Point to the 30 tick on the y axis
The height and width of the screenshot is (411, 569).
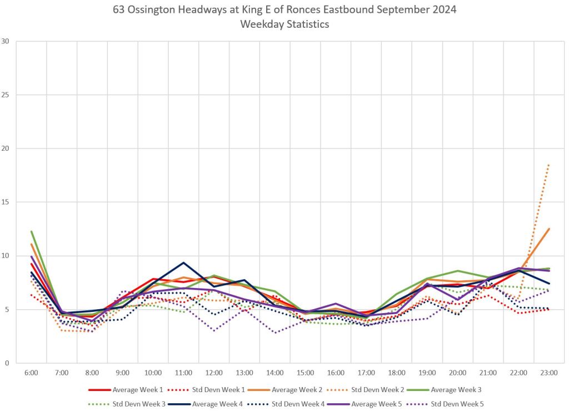click(6, 41)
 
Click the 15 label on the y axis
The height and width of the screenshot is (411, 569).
click(6, 202)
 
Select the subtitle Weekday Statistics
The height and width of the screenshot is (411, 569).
click(284, 24)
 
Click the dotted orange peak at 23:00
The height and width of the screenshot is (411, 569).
click(549, 165)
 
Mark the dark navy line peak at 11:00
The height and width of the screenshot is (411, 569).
click(183, 263)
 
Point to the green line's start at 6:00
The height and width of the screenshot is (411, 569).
click(31, 231)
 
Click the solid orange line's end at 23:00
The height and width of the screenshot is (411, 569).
click(549, 229)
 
